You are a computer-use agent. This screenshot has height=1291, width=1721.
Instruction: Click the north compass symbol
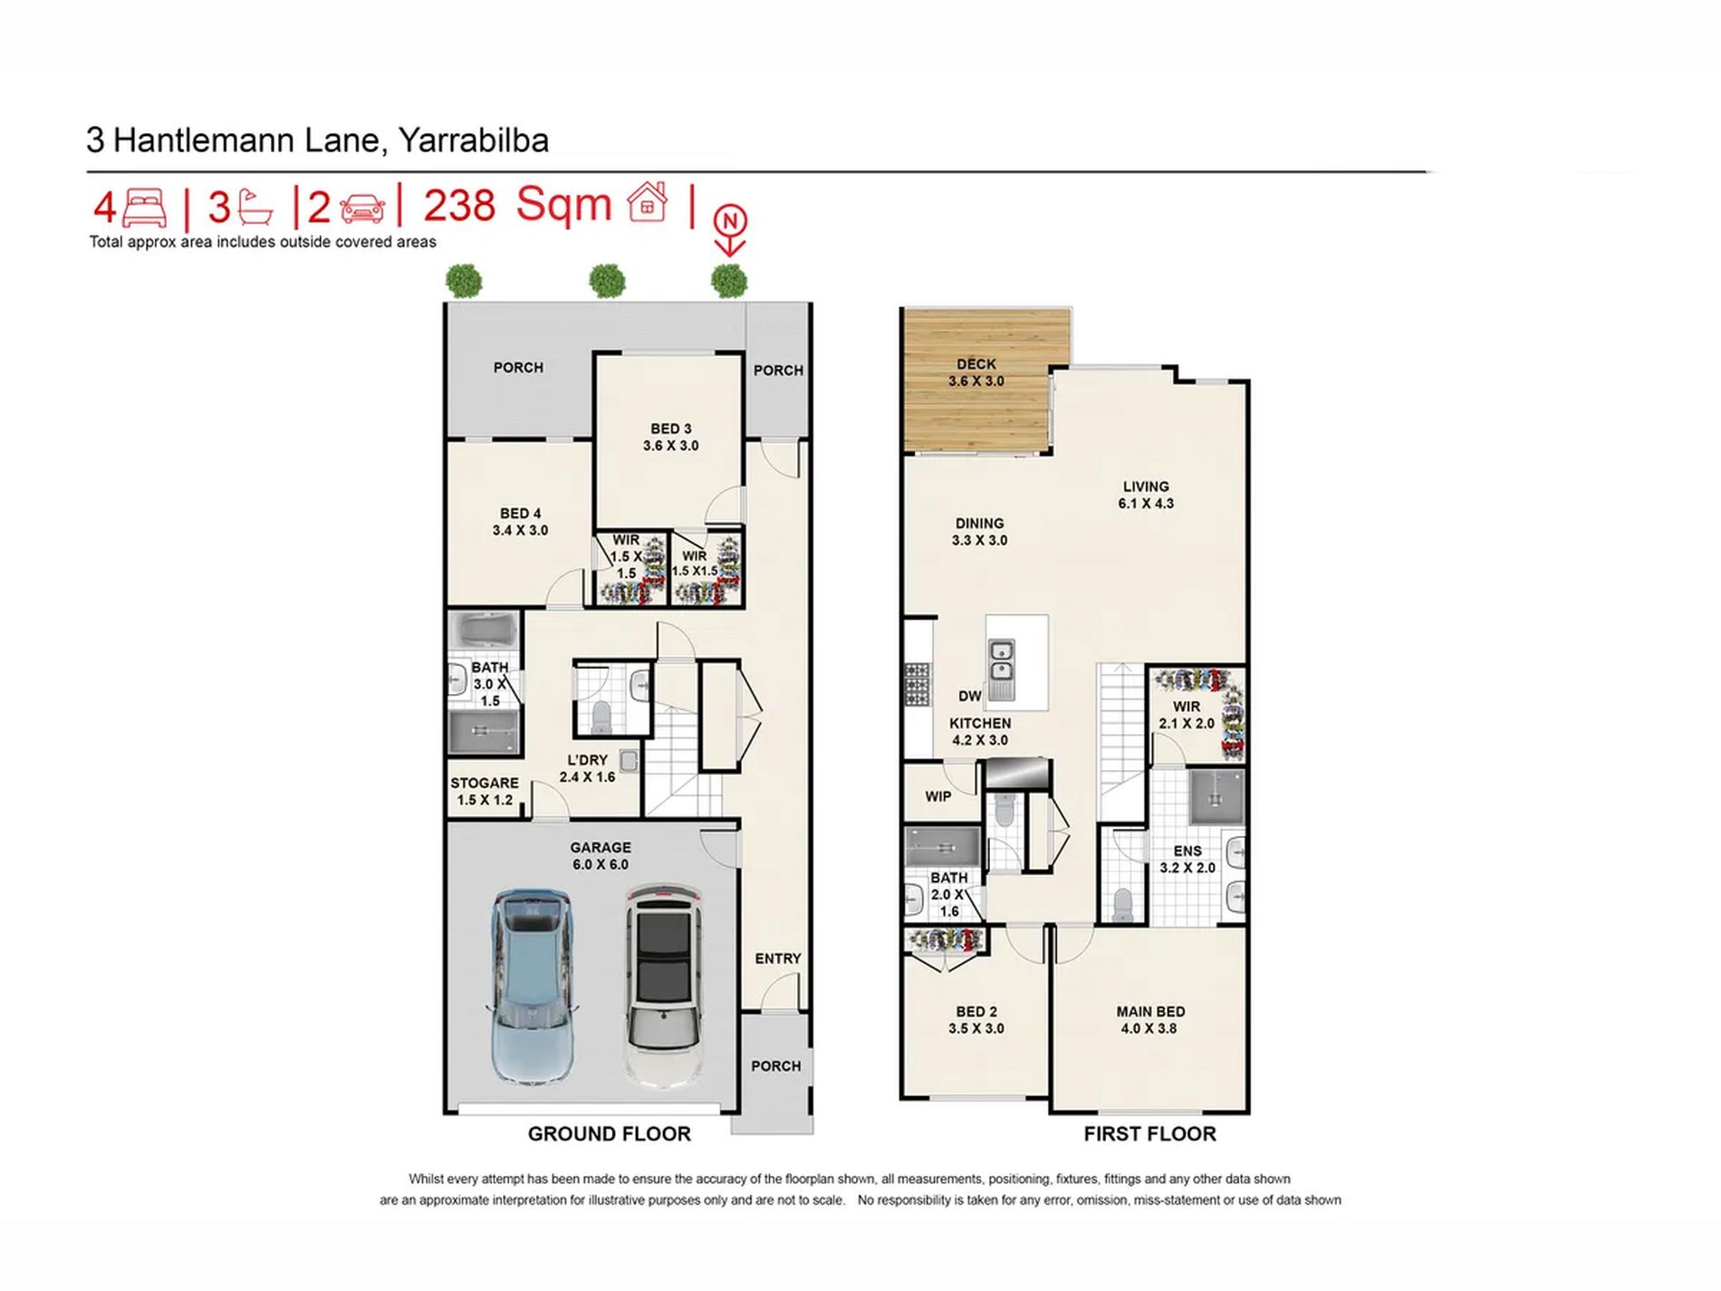tap(730, 230)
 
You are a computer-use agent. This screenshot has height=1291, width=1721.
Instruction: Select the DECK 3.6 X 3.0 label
tap(976, 372)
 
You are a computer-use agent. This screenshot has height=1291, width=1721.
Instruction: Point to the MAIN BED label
tap(1150, 1011)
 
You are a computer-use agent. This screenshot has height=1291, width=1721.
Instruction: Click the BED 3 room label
tap(670, 437)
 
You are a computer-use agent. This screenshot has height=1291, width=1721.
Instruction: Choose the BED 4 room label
tap(520, 522)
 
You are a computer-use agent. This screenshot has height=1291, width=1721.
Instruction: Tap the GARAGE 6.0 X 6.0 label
tap(601, 856)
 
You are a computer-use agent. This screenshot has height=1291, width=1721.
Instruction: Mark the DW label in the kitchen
tap(969, 696)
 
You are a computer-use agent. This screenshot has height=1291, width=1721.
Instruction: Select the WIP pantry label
tap(938, 796)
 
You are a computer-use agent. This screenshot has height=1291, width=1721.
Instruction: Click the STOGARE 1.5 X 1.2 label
tap(485, 791)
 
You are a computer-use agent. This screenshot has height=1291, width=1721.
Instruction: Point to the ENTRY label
tap(778, 959)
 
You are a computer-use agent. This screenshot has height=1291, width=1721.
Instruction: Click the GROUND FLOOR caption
tap(610, 1133)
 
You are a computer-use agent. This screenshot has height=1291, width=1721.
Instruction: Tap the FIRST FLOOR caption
tap(1150, 1133)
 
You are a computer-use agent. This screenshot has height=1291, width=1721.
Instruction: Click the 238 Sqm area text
tap(518, 205)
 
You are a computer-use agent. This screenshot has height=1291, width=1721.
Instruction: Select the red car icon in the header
tap(362, 207)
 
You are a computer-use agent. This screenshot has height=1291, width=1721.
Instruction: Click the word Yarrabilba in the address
tap(474, 140)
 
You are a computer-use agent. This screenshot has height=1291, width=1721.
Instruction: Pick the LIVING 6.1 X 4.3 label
tap(1146, 495)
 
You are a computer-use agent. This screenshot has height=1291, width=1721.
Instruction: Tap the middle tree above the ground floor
tap(607, 280)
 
